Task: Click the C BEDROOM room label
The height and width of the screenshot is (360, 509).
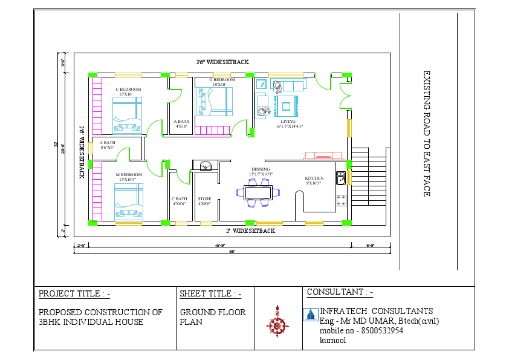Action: pos(128,90)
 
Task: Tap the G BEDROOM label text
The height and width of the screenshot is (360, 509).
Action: pos(222,80)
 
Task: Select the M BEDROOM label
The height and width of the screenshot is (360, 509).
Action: pos(129,175)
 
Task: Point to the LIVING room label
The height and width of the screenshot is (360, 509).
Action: pos(288,122)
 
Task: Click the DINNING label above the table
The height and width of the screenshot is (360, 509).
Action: pos(261,169)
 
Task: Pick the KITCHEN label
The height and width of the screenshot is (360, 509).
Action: pos(314,178)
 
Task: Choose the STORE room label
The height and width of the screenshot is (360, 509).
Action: pos(204,198)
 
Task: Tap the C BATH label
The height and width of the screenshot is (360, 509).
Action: pos(179,198)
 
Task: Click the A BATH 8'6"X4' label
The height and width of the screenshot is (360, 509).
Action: pos(106,143)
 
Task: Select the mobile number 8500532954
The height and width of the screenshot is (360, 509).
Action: pos(381,330)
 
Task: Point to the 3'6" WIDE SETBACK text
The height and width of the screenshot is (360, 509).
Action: pos(222,62)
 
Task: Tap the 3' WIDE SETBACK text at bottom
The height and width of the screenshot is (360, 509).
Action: pos(250,231)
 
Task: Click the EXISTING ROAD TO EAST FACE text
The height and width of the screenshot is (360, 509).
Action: pos(426,134)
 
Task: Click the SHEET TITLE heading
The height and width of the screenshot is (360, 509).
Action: pos(210,294)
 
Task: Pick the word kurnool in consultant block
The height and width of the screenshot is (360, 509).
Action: pos(333,340)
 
